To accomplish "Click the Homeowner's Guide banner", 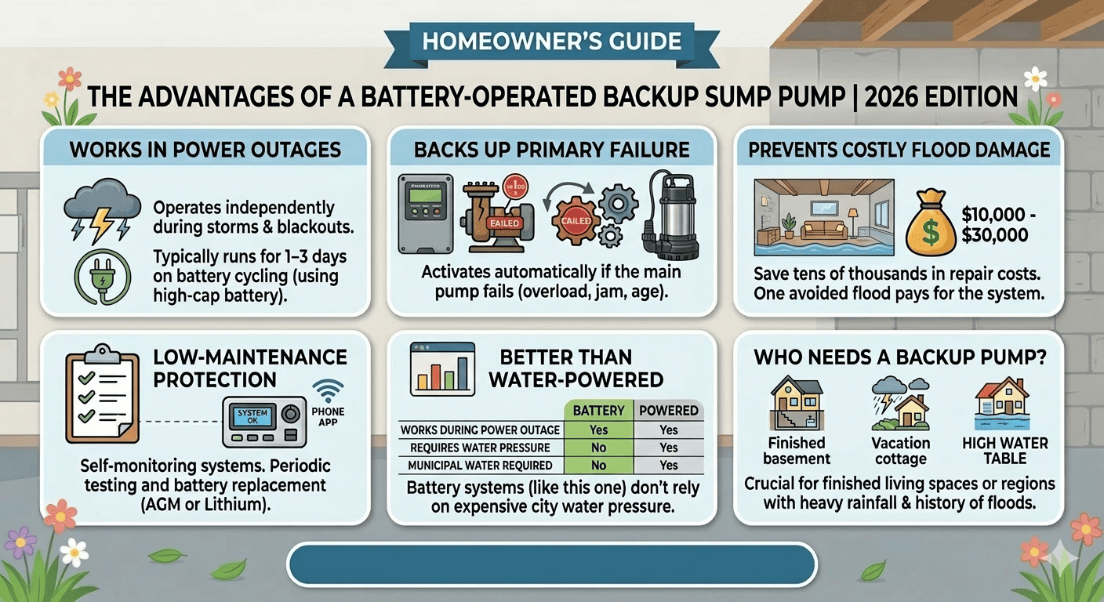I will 552,42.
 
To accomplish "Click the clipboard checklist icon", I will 99,387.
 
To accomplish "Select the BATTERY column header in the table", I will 599,410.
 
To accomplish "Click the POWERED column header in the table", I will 668,410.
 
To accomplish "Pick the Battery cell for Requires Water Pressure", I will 599,448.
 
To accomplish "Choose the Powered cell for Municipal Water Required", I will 668,466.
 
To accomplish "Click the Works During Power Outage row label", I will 480,430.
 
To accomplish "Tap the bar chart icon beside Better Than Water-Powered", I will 443,368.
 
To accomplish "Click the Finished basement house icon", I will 796,403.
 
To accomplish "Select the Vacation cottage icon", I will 900,403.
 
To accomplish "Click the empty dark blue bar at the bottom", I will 552,563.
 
